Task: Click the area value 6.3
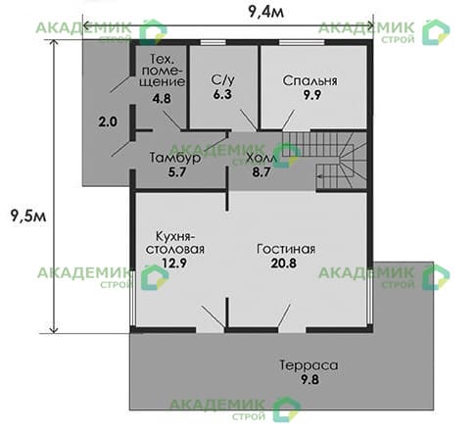[223, 96]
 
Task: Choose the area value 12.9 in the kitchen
[175, 264]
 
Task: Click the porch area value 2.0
[108, 121]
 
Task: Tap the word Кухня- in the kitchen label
[176, 235]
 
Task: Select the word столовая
[176, 250]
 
